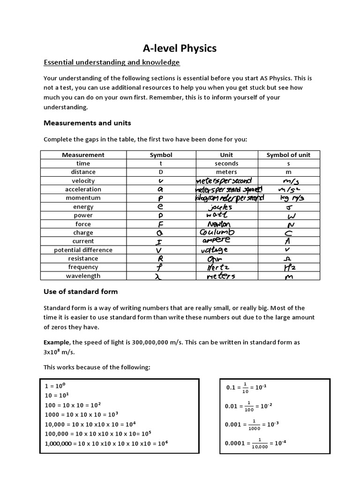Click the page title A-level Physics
tap(180, 48)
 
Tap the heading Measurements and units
tap(87, 123)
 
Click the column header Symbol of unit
tap(288, 155)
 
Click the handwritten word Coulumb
tap(217, 232)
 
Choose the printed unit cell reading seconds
tap(226, 164)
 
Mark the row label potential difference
tap(83, 250)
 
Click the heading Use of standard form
tap(81, 292)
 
